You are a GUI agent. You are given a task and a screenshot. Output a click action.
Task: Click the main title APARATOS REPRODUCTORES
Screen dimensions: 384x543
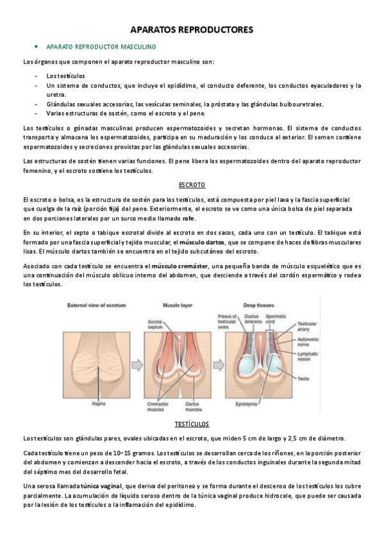[x=192, y=29]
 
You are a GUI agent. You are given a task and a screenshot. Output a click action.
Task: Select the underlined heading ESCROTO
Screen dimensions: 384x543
[x=192, y=184]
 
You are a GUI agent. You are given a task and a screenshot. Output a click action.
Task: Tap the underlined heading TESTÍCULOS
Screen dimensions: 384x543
[x=192, y=424]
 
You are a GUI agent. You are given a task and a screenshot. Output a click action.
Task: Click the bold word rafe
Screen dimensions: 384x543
[x=188, y=218]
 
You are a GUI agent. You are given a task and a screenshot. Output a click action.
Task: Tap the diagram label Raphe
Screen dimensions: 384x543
[x=99, y=405]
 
